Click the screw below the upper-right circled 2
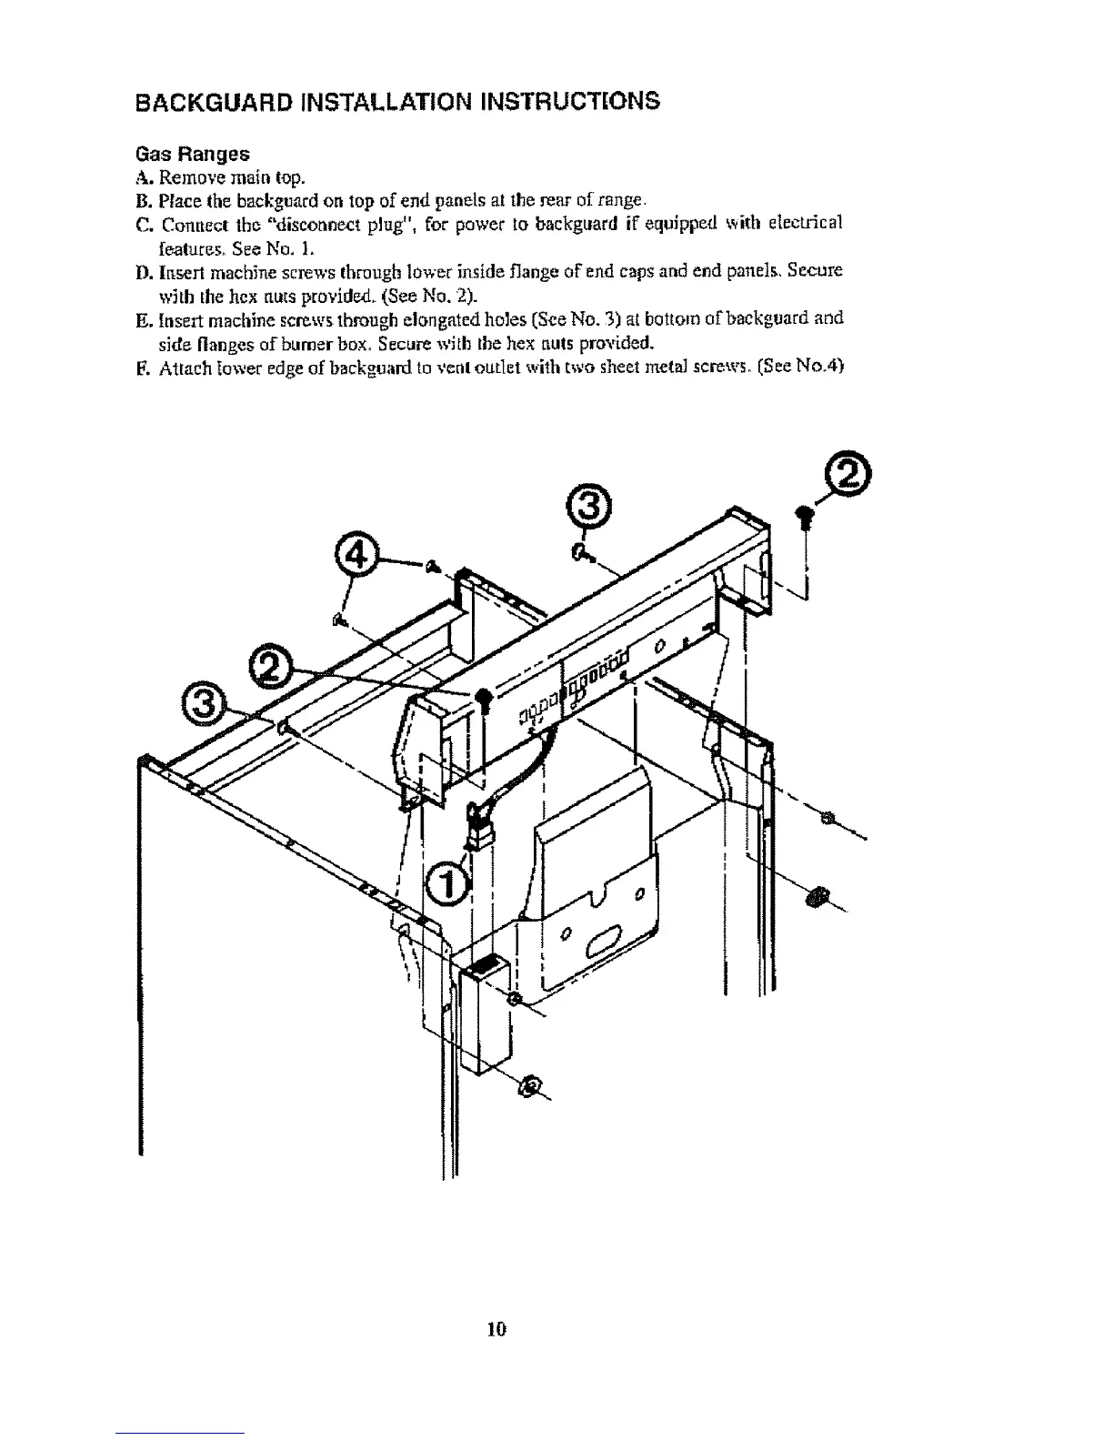[x=804, y=517]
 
